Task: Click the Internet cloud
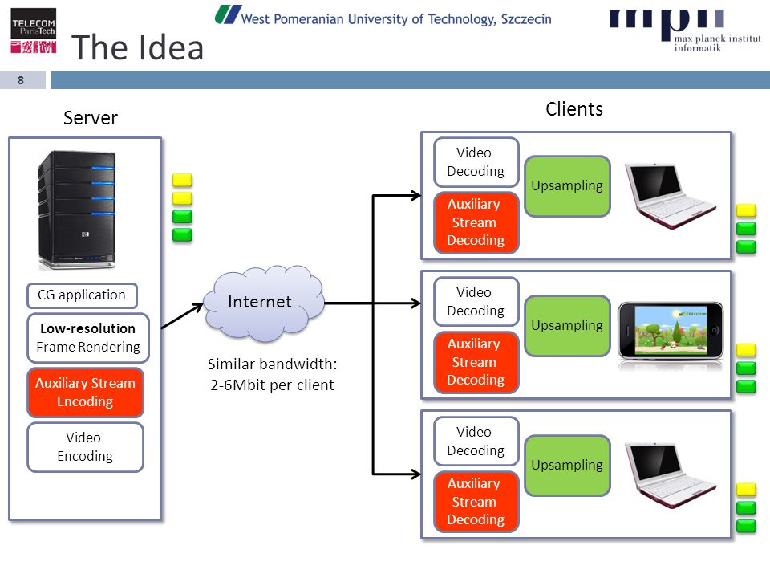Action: click(264, 303)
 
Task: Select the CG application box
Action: click(82, 295)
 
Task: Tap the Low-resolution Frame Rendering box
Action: click(88, 338)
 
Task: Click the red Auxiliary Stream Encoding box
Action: click(86, 393)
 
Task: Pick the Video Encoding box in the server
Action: click(86, 447)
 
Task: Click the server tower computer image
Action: click(77, 210)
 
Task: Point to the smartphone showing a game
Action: click(671, 331)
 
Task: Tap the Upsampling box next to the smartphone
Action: click(567, 325)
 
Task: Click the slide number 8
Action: click(21, 80)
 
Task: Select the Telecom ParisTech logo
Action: click(34, 31)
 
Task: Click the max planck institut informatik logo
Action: click(685, 31)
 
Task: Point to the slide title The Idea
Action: click(137, 47)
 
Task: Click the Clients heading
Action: click(574, 109)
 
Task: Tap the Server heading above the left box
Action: click(91, 118)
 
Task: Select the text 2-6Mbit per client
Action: click(272, 385)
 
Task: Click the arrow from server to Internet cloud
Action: click(182, 316)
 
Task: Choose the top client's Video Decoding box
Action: click(476, 162)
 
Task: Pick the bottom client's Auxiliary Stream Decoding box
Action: click(476, 501)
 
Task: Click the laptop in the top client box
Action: click(671, 196)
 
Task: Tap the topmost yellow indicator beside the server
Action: click(182, 180)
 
